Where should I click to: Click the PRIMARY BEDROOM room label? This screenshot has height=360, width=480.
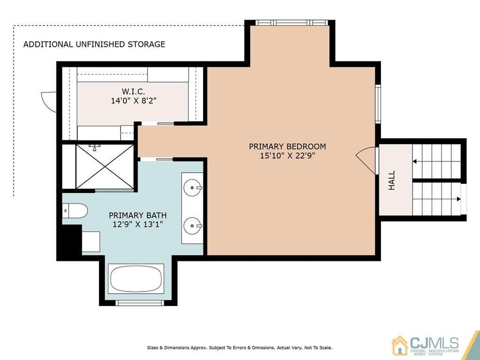pos(287,146)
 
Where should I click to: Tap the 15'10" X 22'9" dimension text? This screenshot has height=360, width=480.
pos(288,156)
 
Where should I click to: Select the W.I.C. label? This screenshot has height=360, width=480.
pos(133,91)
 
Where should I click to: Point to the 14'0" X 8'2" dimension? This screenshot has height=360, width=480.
pos(133,100)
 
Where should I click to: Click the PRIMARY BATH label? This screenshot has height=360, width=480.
pos(138,215)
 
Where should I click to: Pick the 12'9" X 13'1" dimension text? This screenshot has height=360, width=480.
pos(138,224)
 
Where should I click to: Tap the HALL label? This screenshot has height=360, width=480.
pos(391,180)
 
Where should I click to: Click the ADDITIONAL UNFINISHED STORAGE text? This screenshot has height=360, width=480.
pos(94,45)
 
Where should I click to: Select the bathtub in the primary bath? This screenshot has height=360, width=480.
pos(136,279)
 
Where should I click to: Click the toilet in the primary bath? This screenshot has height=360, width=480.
pos(75,211)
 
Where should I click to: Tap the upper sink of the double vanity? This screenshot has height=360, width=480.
pos(192,187)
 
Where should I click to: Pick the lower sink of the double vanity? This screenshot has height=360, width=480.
pos(192,226)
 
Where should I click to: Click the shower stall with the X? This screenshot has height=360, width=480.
pos(105,167)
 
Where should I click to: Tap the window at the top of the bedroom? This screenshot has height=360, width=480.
pos(292,23)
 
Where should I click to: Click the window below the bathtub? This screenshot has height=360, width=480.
pos(140,303)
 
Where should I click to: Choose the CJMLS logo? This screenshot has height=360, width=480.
pos(426,345)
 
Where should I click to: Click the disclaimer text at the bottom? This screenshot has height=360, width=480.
pos(240,348)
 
